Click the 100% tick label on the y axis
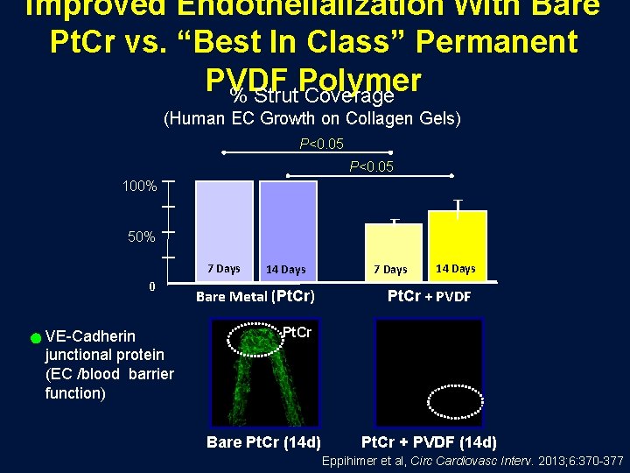[138, 187]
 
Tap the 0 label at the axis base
[151, 286]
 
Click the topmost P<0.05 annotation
[321, 144]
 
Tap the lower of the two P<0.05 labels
[371, 166]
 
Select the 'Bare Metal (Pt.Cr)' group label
[255, 296]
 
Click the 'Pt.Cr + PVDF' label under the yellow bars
[429, 296]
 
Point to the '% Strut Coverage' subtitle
[311, 95]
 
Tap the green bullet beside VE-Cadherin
[35, 337]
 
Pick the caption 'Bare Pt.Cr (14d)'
[263, 441]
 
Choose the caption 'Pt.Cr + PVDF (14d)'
[429, 441]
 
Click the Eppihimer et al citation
[472, 461]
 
